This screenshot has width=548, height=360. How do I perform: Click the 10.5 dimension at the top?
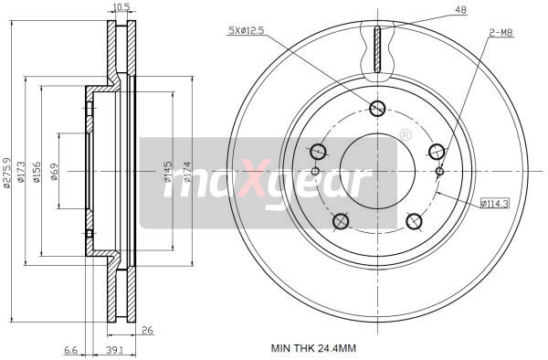coord(120,8)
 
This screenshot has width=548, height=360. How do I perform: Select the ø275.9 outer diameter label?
coord(8,171)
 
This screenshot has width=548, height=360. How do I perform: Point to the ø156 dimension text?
coord(38,171)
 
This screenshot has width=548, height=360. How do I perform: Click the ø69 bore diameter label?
coord(56,171)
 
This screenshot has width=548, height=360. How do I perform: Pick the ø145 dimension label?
coord(168,171)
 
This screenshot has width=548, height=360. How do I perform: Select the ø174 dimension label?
coord(184,171)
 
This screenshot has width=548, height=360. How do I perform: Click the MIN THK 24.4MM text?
coord(314,348)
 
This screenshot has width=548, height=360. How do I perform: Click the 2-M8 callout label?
coord(501,33)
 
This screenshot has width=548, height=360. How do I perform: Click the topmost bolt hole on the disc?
coord(377,109)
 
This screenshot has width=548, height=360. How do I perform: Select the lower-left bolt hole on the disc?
coord(342,220)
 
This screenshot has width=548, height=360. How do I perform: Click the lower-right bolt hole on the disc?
coord(413,220)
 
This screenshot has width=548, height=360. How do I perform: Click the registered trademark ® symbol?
coord(405,135)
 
